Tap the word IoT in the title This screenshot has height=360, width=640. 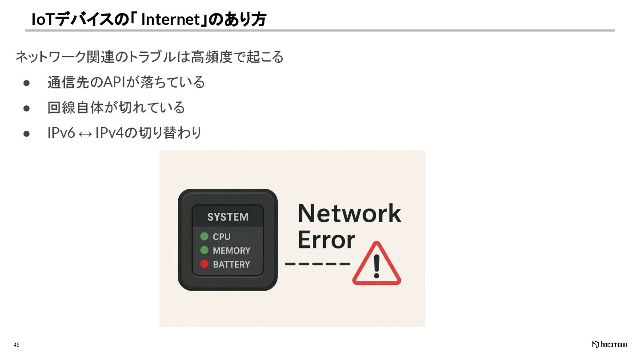coord(42,20)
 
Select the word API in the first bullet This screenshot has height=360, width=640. coord(115,82)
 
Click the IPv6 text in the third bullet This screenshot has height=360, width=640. coord(61,133)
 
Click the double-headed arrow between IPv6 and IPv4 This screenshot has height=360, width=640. coord(85,133)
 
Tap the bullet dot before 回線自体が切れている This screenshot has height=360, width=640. coord(26,108)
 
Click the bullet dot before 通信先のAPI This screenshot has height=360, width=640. coord(26,83)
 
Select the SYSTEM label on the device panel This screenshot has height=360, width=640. coord(228,217)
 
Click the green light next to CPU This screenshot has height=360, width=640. coord(204,236)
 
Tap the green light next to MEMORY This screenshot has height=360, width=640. coord(204,250)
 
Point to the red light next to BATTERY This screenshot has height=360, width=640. coord(204,264)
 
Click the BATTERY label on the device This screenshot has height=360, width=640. coord(231,264)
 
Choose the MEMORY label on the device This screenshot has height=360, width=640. coord(231,251)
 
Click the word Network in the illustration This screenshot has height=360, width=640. coord(349,213)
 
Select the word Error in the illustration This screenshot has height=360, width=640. coord(326,240)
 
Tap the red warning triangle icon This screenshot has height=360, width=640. coord(376,265)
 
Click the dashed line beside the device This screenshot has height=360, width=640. coord(317,264)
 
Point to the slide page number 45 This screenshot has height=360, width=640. coord(16,345)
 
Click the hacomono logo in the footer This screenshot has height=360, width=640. coord(609,345)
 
